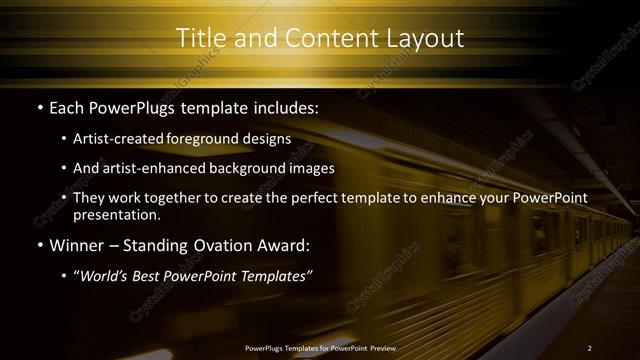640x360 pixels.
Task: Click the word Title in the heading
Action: pyautogui.click(x=200, y=38)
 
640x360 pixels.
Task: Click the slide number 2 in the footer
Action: pyautogui.click(x=589, y=348)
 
